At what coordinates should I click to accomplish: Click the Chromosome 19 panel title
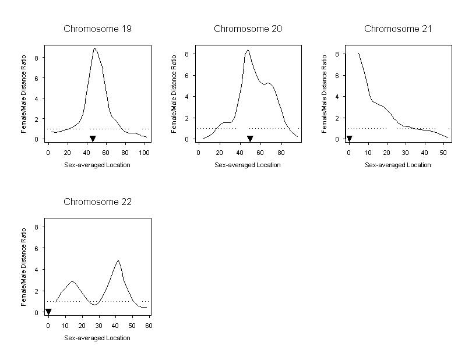coord(97,29)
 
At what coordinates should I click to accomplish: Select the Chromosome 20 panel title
coord(248,29)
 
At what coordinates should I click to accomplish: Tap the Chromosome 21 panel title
coord(398,29)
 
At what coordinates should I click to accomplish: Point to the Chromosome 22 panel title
coord(97,202)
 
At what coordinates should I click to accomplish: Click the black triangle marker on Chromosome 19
coord(93,139)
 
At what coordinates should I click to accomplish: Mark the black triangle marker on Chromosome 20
coord(250,139)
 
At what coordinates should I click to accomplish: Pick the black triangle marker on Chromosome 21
coord(349,139)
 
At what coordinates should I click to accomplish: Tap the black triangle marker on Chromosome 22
coord(48,312)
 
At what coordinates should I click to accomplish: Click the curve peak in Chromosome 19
coord(94,49)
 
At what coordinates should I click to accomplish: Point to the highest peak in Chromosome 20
coord(248,50)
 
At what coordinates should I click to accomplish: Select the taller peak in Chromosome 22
coord(118,261)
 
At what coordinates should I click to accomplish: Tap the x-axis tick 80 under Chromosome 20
coord(281,151)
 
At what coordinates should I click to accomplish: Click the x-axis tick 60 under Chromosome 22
coord(149,325)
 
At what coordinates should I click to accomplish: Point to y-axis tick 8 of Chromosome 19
coord(37,58)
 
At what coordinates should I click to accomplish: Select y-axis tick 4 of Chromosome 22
coord(37,270)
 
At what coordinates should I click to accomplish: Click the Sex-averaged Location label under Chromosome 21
coord(398,165)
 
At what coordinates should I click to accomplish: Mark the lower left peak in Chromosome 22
coord(72,281)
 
